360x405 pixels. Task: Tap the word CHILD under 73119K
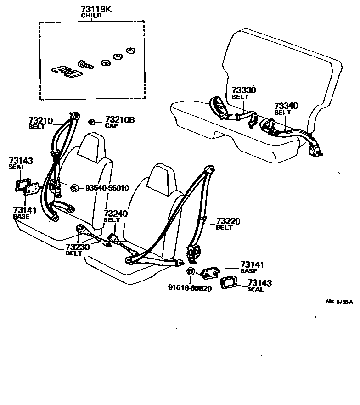click(91, 15)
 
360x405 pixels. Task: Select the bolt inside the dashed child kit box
click(86, 64)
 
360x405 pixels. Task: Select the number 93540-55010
click(107, 188)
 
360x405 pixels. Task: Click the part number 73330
click(243, 90)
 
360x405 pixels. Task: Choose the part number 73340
click(286, 106)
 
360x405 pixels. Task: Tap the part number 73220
click(228, 221)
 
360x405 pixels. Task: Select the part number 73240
click(115, 214)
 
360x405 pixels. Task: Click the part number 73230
click(77, 247)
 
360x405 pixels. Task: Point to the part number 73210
click(41, 120)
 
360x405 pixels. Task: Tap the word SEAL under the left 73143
click(17, 167)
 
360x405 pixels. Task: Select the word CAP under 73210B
click(111, 125)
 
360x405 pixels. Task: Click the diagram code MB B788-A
click(339, 302)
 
